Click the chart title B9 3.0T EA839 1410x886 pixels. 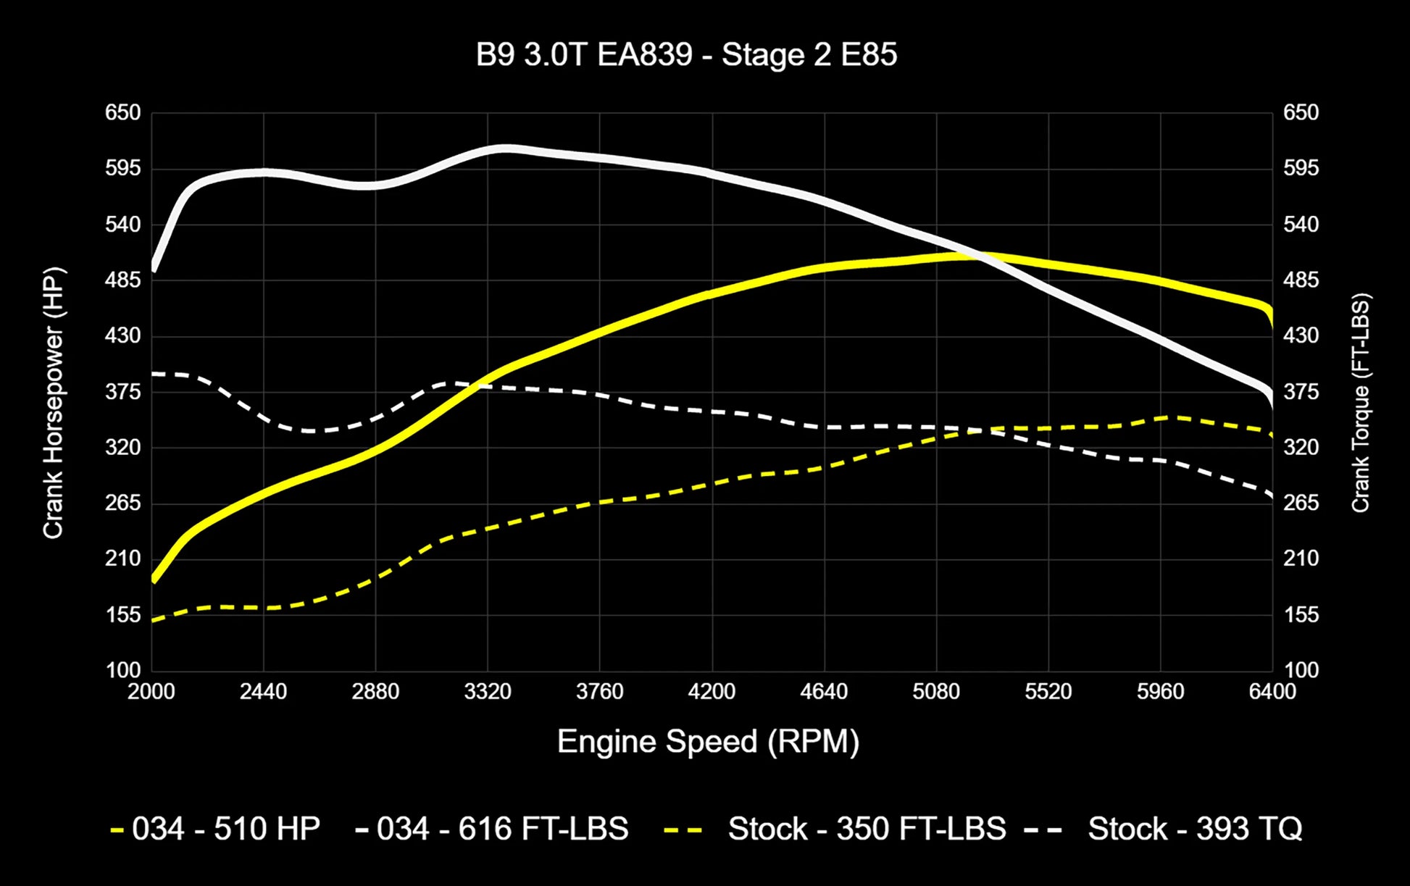pos(686,55)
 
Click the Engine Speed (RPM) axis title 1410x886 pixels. pos(708,742)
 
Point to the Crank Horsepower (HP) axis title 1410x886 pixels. pos(54,403)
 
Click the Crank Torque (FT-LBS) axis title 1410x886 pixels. pos(1360,403)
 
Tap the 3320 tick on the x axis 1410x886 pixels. pos(488,692)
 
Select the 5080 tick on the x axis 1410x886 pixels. pos(936,692)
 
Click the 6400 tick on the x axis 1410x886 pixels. pos(1272,692)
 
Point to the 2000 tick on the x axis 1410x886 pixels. pos(151,692)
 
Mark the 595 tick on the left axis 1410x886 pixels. pos(123,168)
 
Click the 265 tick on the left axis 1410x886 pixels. pos(123,503)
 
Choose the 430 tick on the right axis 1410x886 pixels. pos(1301,335)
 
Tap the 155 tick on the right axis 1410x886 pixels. pos(1301,615)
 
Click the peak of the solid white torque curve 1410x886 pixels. pos(504,149)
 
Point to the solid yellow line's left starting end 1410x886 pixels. pos(154,580)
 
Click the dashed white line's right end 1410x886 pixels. pos(1272,496)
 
